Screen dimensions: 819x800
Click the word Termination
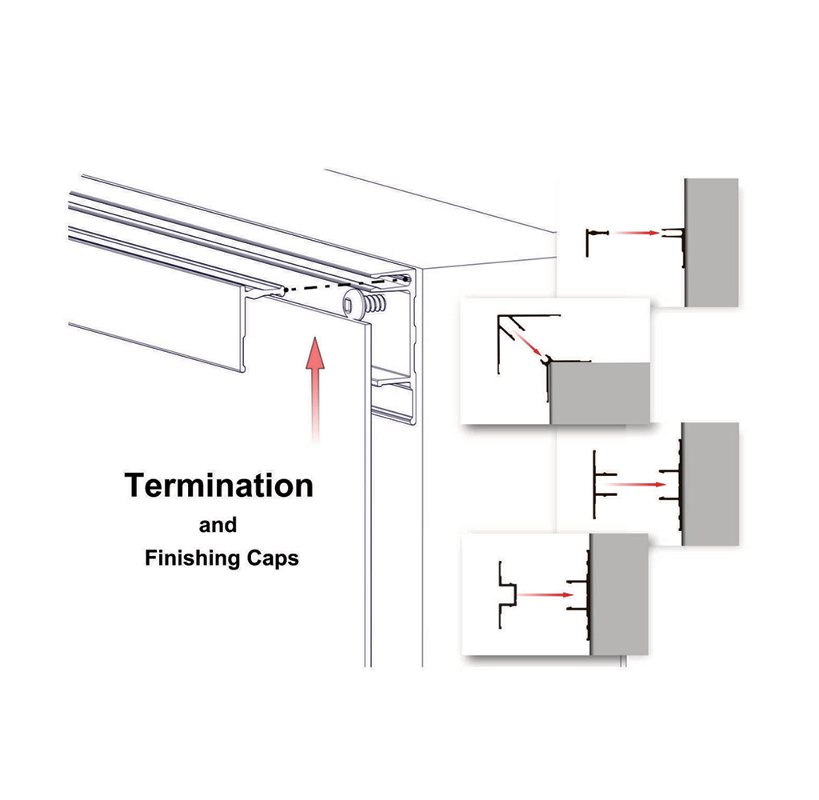(219, 485)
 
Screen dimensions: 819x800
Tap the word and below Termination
(218, 525)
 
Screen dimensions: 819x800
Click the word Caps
(273, 558)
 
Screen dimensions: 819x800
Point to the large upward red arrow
(315, 390)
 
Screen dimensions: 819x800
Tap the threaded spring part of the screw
(374, 303)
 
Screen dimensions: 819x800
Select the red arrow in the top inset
(636, 233)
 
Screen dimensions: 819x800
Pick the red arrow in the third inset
(636, 484)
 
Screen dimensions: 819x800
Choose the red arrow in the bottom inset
(546, 594)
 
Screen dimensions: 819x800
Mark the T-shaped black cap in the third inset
(605, 484)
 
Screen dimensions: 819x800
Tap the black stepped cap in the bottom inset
(507, 594)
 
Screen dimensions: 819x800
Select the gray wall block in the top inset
(711, 242)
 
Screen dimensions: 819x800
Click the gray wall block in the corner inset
(600, 394)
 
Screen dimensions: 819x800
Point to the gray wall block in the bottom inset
(620, 594)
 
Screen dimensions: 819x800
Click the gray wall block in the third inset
(710, 484)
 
